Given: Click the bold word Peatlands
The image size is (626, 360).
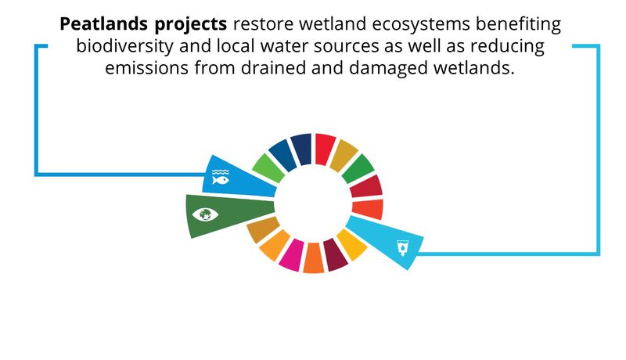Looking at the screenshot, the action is click(104, 24).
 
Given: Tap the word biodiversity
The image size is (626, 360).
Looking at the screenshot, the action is click(124, 47).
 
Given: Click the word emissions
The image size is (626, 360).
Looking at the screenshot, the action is click(146, 68).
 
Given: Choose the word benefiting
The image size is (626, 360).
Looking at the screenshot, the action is click(518, 25).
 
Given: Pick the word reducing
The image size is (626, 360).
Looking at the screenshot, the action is click(507, 47).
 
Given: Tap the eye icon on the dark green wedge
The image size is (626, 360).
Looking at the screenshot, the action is click(205, 214).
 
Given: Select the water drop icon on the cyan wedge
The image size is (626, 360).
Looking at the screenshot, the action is click(403, 248).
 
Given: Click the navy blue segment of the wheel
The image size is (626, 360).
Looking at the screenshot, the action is click(301, 149).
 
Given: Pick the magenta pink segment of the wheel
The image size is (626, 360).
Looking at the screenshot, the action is click(291, 254).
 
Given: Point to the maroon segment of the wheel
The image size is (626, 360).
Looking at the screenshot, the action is click(335, 254).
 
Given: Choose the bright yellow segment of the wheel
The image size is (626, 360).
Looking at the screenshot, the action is click(351, 244).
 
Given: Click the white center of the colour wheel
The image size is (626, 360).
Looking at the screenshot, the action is click(314, 204).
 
